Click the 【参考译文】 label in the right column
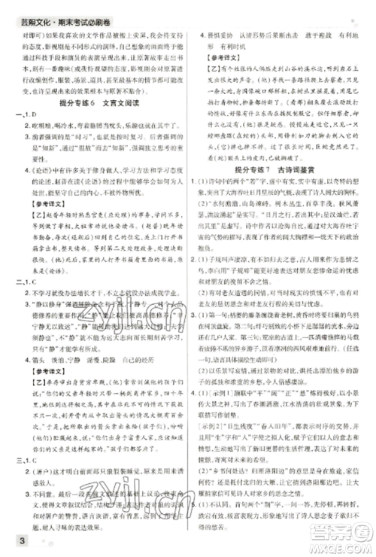226,56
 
